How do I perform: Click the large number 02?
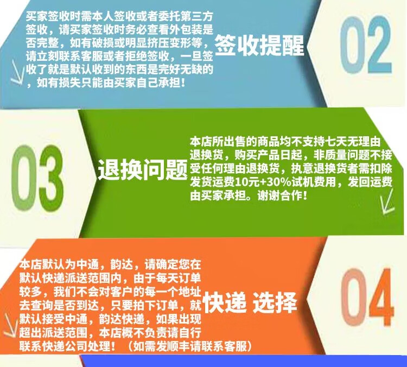(x=365, y=45)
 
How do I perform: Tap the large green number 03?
(x=37, y=178)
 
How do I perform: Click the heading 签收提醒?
(x=259, y=45)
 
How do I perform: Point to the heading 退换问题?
(x=143, y=169)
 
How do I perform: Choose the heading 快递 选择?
(x=250, y=302)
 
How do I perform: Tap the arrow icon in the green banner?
(x=387, y=201)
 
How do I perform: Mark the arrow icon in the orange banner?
(x=11, y=325)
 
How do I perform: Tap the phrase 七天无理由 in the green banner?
(x=352, y=142)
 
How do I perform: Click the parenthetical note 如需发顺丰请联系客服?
(x=189, y=346)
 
